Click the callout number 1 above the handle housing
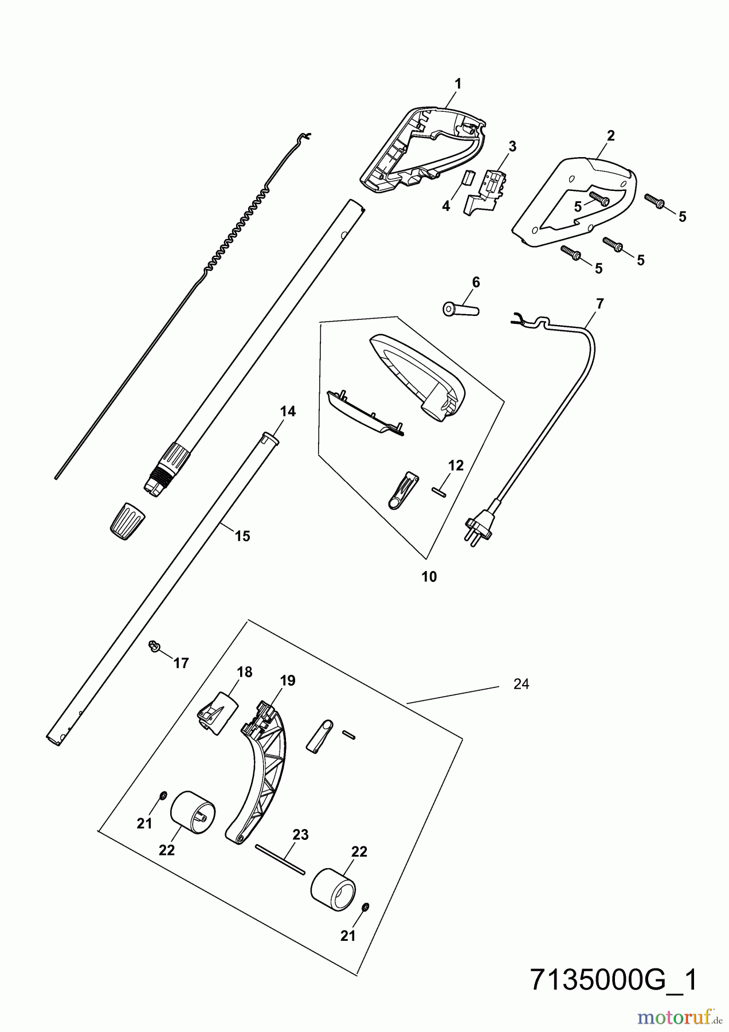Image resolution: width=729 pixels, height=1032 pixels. point(457,84)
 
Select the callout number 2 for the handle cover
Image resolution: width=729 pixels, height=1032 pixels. point(610,136)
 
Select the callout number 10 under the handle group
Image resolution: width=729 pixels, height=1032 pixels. point(429,577)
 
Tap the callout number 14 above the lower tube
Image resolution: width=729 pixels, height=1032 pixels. point(288,411)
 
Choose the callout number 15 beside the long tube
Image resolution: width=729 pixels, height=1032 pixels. point(242,536)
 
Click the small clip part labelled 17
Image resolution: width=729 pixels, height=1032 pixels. point(154,647)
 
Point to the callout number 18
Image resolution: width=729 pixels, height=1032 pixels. point(245,672)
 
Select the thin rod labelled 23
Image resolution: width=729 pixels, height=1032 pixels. point(280,859)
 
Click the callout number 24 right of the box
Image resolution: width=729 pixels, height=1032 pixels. point(521,683)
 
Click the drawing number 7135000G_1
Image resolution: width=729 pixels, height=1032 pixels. point(614,980)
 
